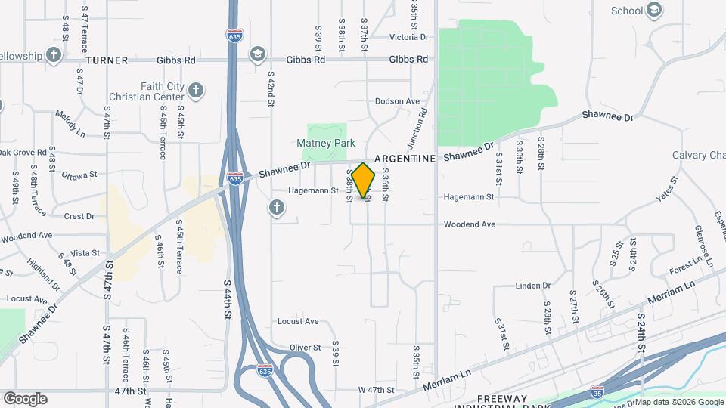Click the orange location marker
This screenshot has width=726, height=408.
click(364, 181)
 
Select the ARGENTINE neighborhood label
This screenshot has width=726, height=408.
click(405, 159)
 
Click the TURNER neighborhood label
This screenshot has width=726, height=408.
click(107, 60)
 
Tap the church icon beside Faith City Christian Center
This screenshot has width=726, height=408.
click(195, 91)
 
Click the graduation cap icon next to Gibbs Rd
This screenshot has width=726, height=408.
click(257, 54)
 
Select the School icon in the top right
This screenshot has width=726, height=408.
click(654, 10)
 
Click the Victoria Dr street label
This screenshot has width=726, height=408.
click(408, 36)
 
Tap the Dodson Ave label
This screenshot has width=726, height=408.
click(397, 101)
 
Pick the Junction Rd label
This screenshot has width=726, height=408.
click(420, 122)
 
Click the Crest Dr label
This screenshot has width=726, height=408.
click(79, 216)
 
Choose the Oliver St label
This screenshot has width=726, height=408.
click(306, 348)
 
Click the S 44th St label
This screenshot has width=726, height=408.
click(226, 298)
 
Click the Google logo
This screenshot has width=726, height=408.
click(25, 398)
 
